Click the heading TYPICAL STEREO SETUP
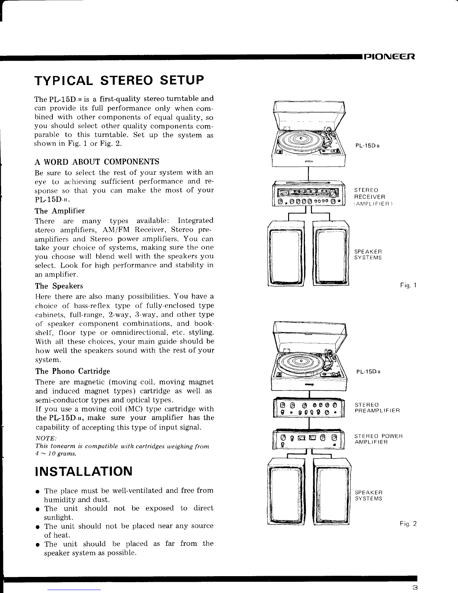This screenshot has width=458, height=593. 119,80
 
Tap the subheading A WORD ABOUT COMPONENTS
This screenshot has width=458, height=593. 97,162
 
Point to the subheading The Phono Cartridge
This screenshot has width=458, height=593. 73,371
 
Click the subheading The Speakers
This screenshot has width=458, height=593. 59,286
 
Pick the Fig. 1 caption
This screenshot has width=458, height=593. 408,285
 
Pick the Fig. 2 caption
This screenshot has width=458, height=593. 408,524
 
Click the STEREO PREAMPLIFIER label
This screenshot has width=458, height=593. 377,408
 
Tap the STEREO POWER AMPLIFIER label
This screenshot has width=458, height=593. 379,439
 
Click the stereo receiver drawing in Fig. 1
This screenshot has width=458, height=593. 309,194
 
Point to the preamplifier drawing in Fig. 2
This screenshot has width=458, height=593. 309,408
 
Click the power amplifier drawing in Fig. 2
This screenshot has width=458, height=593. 309,439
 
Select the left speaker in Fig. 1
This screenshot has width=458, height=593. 286,253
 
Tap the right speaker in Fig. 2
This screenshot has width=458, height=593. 332,491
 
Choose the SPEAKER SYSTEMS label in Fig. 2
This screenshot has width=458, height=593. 369,495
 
